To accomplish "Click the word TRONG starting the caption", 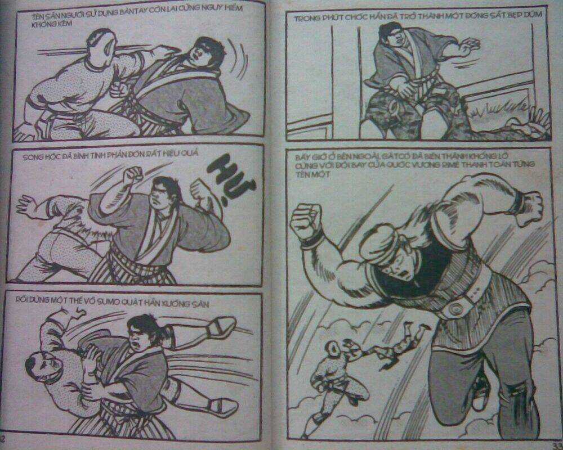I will [x=307, y=18].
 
